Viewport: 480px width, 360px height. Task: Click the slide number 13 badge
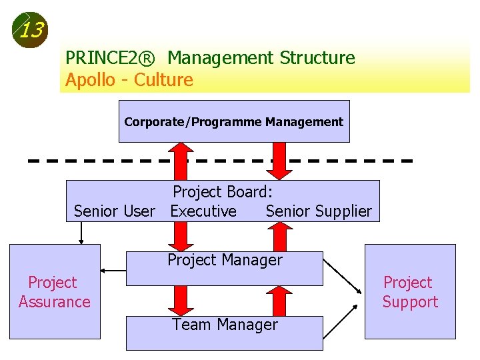[x=30, y=31]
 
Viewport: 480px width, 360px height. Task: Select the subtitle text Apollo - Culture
[x=129, y=81]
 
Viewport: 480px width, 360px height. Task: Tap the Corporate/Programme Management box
[x=233, y=122]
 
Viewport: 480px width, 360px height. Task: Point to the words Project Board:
[x=223, y=192]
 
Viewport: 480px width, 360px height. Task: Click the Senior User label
[x=114, y=211]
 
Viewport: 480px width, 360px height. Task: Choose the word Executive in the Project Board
[x=203, y=211]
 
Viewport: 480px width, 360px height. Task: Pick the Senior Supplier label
[x=319, y=211]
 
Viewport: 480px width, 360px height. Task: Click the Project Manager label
[x=225, y=260]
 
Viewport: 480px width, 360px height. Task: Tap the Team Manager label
[x=225, y=325]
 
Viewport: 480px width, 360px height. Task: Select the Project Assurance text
[x=54, y=292]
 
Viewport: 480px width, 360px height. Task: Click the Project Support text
[x=410, y=292]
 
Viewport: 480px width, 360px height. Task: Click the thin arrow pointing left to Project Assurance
[x=113, y=271]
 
